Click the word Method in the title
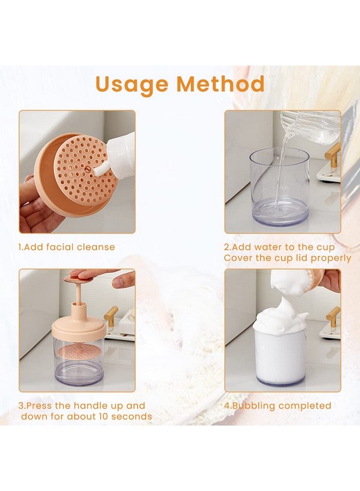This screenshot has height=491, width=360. coord(220,85)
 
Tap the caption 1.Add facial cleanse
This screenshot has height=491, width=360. coord(67,247)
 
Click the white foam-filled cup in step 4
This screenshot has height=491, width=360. coord(280,355)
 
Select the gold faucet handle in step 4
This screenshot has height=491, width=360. coord(333,316)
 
